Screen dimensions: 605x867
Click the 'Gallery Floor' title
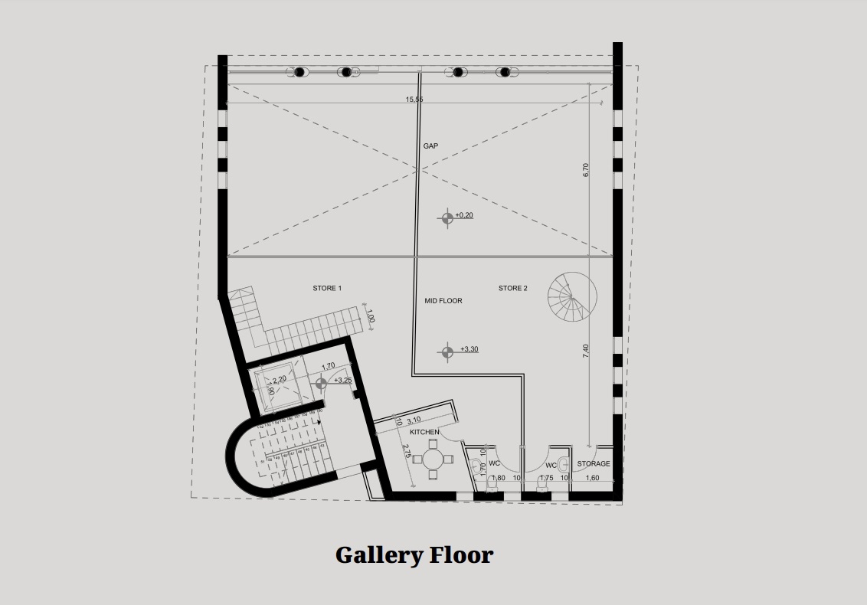pyautogui.click(x=414, y=554)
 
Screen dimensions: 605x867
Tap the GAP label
pyautogui.click(x=430, y=146)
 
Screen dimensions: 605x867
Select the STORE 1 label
pyautogui.click(x=327, y=289)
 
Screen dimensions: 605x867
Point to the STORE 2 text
pyautogui.click(x=512, y=289)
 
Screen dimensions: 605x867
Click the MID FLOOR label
pyautogui.click(x=443, y=301)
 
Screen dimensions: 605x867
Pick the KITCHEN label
pyautogui.click(x=424, y=432)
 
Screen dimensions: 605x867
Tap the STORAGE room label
pyautogui.click(x=594, y=464)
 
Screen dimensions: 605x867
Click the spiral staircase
pyautogui.click(x=572, y=298)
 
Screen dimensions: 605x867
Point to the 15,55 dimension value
pyautogui.click(x=414, y=100)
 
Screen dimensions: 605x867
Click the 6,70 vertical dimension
pyautogui.click(x=586, y=171)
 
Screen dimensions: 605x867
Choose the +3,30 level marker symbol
pyautogui.click(x=447, y=352)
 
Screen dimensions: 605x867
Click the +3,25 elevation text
pyautogui.click(x=342, y=381)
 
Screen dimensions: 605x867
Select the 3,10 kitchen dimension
pyautogui.click(x=414, y=420)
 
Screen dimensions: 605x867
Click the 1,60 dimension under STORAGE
pyautogui.click(x=593, y=479)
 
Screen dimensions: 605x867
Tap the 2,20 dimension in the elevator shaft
pyautogui.click(x=280, y=378)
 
